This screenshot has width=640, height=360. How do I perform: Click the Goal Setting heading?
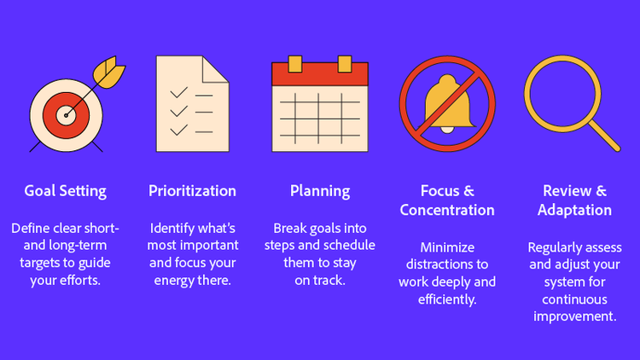65,190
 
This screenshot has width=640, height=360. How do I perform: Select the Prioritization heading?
192,190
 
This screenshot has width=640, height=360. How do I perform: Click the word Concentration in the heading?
447,210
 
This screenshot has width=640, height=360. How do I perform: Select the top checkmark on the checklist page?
179,91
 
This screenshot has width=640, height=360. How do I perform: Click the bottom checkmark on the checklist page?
179,131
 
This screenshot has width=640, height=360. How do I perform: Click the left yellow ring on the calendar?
294,64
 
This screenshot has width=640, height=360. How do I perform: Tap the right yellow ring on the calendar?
345,64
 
